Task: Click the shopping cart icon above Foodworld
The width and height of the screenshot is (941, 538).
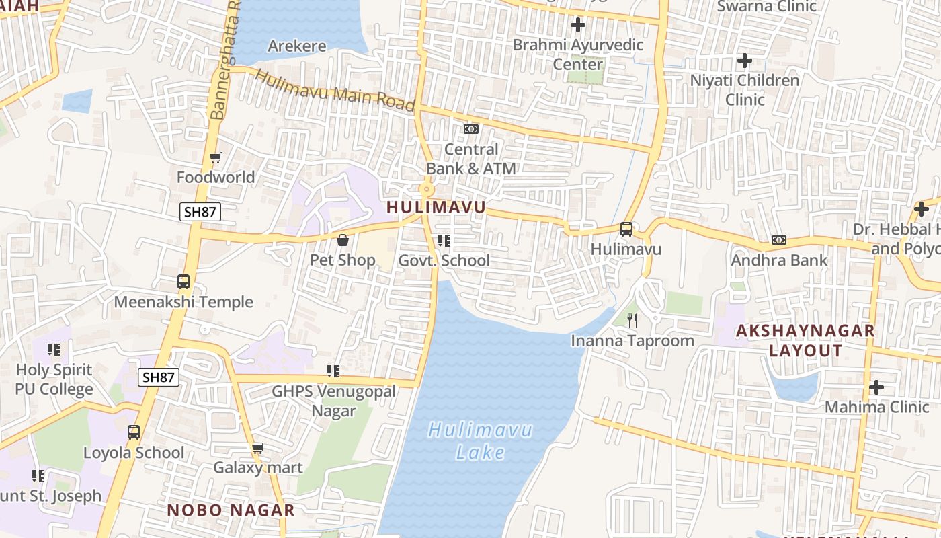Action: (x=215, y=158)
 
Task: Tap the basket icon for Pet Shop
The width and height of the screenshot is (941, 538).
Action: (x=343, y=239)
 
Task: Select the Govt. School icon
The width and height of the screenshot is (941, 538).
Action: (x=444, y=240)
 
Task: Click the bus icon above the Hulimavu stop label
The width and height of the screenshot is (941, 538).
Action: (x=626, y=229)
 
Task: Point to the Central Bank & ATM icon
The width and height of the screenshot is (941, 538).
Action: (x=471, y=128)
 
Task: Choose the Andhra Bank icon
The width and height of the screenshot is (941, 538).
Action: (x=779, y=239)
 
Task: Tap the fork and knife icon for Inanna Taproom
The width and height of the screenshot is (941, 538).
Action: (x=632, y=320)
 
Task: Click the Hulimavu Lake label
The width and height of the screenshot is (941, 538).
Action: (x=480, y=440)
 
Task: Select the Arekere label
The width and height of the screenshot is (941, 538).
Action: (x=297, y=46)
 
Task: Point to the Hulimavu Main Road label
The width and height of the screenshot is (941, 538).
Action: (x=335, y=91)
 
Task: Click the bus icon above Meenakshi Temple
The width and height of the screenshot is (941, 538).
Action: (x=183, y=282)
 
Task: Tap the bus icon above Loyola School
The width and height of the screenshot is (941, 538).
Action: (x=134, y=432)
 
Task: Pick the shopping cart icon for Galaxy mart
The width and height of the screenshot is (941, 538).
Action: (x=257, y=448)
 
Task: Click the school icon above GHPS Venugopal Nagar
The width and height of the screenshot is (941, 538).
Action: (x=333, y=371)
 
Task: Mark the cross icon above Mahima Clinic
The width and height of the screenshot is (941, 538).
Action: (x=876, y=387)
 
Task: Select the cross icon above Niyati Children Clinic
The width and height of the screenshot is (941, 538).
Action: (x=744, y=61)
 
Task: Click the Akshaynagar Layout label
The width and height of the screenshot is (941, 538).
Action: (x=805, y=340)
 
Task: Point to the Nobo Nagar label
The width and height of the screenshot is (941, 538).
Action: (x=231, y=510)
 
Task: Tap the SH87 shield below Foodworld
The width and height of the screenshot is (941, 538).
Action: (x=200, y=212)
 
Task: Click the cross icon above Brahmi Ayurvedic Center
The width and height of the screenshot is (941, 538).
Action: (x=577, y=25)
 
